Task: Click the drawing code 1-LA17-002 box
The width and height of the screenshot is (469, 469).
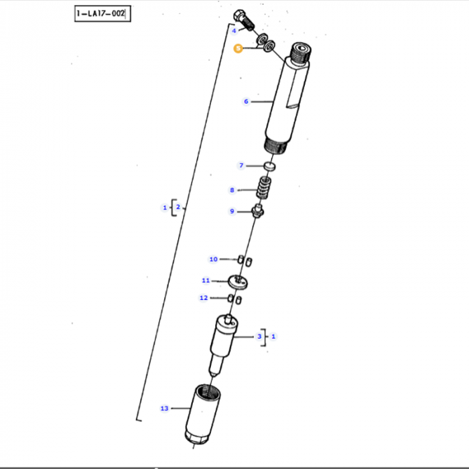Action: pyautogui.click(x=100, y=13)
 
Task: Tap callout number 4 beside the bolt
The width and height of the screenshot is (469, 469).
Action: pyautogui.click(x=234, y=31)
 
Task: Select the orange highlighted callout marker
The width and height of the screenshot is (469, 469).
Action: pyautogui.click(x=237, y=48)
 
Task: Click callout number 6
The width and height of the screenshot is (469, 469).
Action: pyautogui.click(x=246, y=102)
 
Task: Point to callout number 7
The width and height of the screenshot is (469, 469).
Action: pyautogui.click(x=242, y=165)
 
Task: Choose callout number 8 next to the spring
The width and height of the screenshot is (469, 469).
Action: pyautogui.click(x=232, y=190)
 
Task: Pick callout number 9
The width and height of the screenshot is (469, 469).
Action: pyautogui.click(x=232, y=212)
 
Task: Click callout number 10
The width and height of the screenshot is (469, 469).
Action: pyautogui.click(x=213, y=259)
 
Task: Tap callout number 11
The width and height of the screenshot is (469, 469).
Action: pyautogui.click(x=206, y=281)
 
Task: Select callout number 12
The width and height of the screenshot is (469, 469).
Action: pyautogui.click(x=204, y=298)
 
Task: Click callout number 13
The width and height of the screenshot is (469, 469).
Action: pyautogui.click(x=164, y=408)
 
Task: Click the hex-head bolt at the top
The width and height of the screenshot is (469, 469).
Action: pyautogui.click(x=242, y=17)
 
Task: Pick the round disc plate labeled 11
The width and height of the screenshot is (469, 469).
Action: pyautogui.click(x=239, y=283)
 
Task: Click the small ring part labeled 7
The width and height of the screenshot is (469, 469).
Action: pyautogui.click(x=269, y=165)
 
